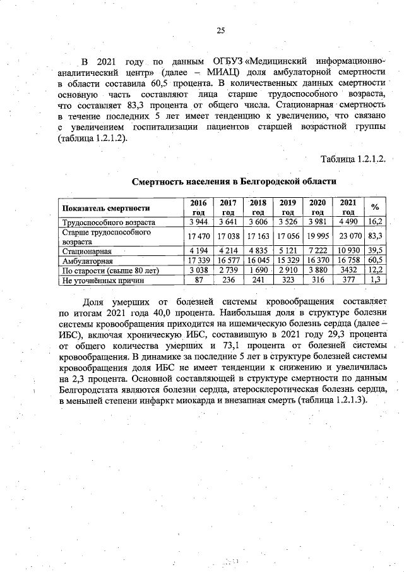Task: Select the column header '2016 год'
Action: pos(199,207)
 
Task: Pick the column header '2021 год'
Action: pos(348,207)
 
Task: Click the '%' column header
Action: pos(375,207)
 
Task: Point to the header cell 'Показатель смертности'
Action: pos(105,208)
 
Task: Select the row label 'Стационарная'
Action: pos(86,251)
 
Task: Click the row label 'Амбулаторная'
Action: pos(87,260)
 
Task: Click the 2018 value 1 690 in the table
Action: pos(258,270)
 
